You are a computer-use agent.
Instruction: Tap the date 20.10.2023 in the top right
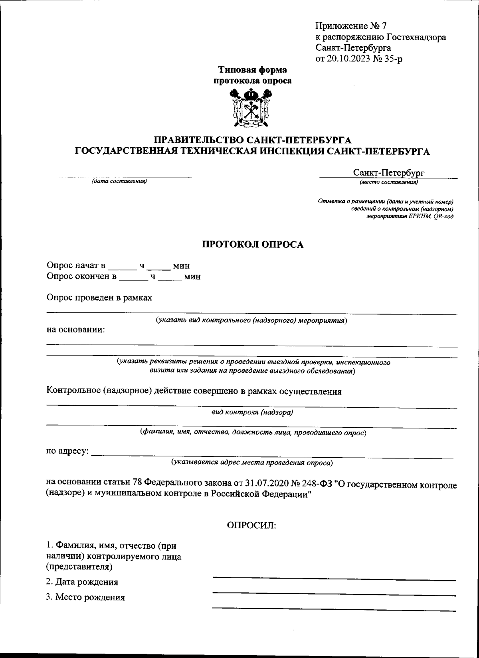coord(347,59)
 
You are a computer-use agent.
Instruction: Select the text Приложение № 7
coord(351,26)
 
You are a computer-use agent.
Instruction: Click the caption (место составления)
coord(388,182)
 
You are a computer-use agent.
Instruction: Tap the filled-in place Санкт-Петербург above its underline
coord(388,173)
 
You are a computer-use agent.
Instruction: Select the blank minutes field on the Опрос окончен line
coord(170,277)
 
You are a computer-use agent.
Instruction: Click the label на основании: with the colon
coord(76,330)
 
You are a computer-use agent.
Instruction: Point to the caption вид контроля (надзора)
coord(252,413)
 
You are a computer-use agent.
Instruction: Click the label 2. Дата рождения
coord(82,582)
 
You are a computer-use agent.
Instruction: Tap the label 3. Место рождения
coord(85,597)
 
